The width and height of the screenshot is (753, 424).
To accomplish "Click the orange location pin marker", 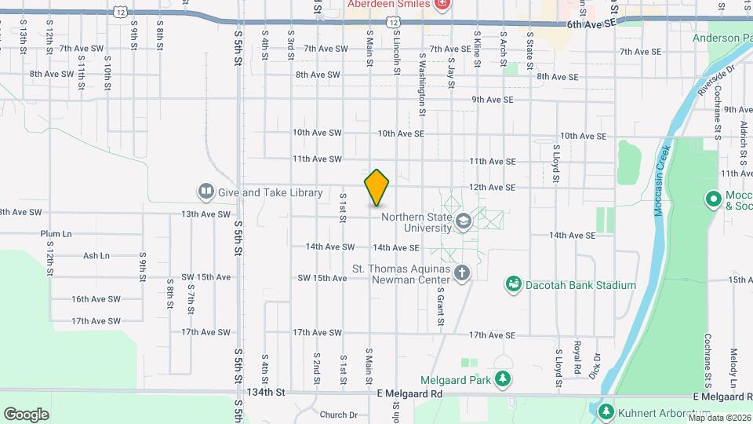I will tap(376, 188).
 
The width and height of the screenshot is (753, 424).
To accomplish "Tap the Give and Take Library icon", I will tap(206, 192).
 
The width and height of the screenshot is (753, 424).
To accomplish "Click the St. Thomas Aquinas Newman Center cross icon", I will tap(463, 272).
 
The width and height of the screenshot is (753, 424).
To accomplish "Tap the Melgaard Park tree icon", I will tap(502, 381).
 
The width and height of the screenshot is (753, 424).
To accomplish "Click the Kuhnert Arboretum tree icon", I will tap(606, 411).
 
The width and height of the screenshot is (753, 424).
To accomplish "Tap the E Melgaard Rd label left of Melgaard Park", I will tap(409, 393).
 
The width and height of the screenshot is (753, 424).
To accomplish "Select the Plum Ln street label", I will tap(56, 234).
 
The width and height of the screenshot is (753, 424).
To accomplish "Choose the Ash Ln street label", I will tap(96, 256).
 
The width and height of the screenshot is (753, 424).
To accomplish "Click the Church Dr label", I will tap(338, 415).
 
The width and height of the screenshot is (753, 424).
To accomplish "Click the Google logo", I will tap(26, 414).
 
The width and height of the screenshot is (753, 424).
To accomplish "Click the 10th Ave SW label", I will tap(317, 133).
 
